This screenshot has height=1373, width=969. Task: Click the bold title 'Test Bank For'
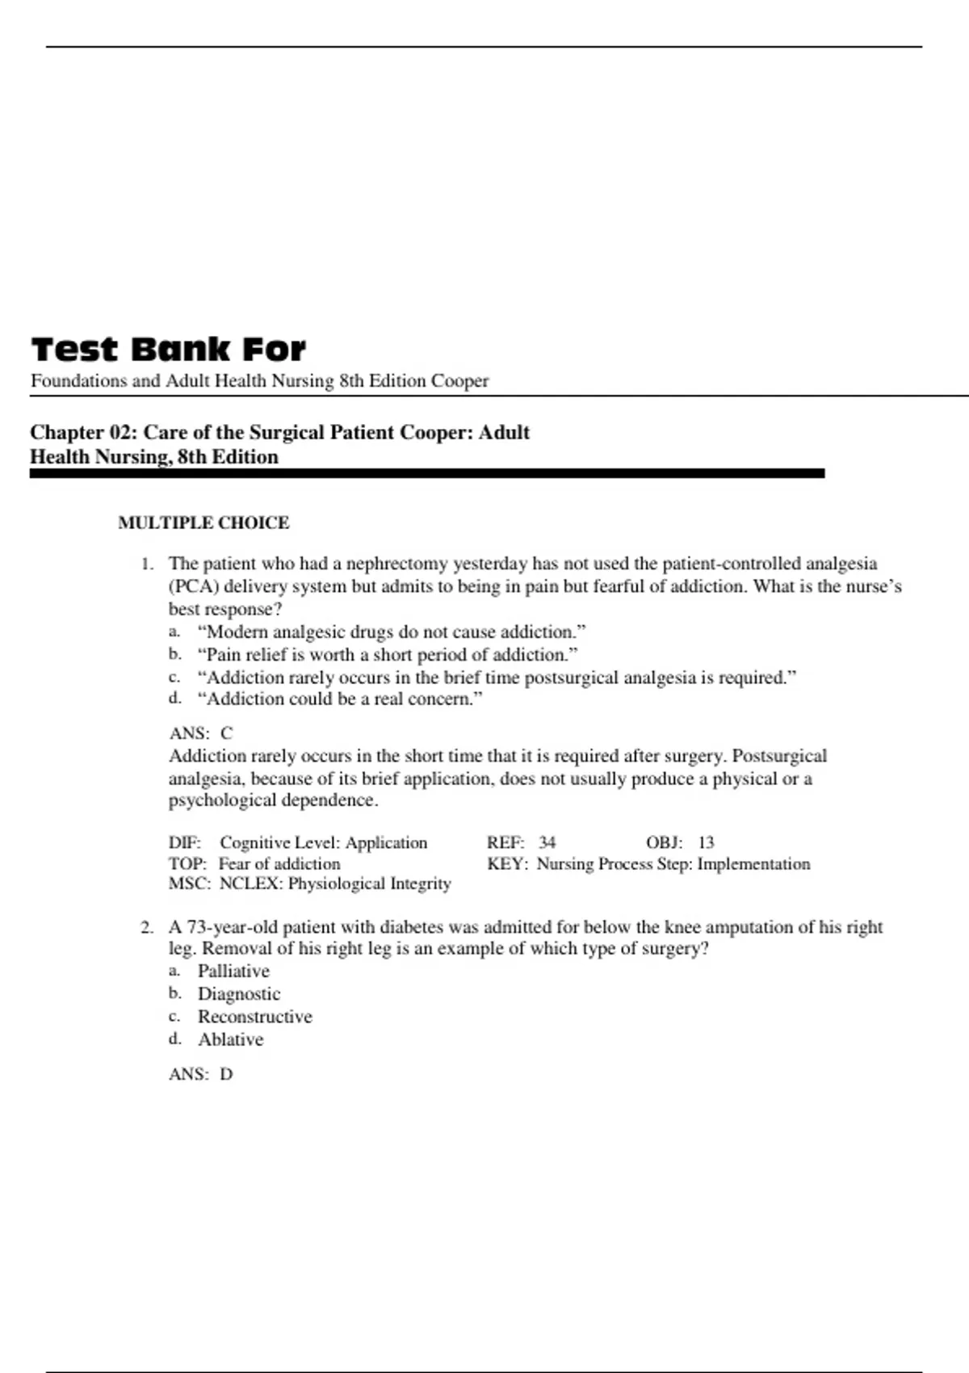(168, 350)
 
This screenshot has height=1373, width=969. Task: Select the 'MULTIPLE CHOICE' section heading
(203, 523)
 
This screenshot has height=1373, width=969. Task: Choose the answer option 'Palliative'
(233, 971)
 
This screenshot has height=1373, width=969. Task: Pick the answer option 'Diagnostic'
(239, 993)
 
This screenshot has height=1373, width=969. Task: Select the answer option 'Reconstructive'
(255, 1016)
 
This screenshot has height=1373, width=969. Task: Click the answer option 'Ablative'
(231, 1039)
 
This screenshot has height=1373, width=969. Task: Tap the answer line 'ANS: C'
(201, 733)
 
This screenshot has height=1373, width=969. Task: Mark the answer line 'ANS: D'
(201, 1074)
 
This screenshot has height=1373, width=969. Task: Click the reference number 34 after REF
(547, 842)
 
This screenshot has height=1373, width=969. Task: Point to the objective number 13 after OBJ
(706, 842)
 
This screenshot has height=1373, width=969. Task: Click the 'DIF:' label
(184, 842)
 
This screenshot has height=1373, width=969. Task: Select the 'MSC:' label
(189, 884)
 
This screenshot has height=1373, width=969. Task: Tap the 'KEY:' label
(507, 863)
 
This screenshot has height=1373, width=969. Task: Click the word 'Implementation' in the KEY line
(753, 863)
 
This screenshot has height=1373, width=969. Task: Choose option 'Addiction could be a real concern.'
(340, 699)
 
